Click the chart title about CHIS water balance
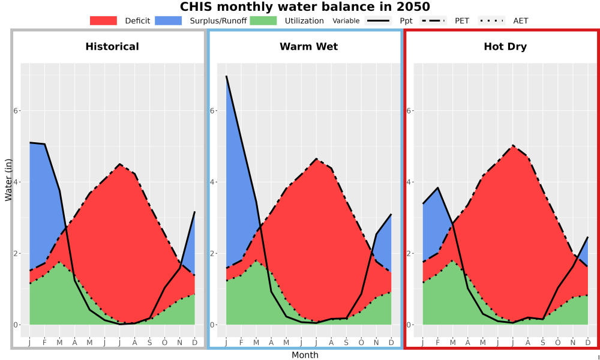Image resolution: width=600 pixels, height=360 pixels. (x=305, y=7)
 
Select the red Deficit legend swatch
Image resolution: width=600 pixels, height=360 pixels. (x=103, y=20)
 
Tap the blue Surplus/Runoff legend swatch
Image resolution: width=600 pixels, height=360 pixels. (x=168, y=20)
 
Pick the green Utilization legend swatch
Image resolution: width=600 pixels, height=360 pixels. (x=263, y=20)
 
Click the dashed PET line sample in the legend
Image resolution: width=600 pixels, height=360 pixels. (x=433, y=20)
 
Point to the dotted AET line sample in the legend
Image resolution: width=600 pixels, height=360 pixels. (x=491, y=20)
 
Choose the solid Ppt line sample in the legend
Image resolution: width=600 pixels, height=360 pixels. (x=378, y=20)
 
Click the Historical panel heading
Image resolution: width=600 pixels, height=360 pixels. (x=112, y=47)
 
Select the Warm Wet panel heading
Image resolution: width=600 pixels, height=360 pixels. (x=309, y=47)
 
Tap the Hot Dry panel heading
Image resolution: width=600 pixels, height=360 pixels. (x=505, y=47)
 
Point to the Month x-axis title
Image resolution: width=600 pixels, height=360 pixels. (x=305, y=355)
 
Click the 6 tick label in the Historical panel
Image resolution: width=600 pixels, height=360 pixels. (x=16, y=110)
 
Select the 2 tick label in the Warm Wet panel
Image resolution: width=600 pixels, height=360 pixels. (x=212, y=253)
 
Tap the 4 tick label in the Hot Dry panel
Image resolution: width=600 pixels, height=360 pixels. (x=409, y=182)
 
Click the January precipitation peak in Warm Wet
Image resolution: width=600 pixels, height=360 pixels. (x=227, y=76)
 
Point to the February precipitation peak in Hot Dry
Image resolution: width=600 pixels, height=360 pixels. (x=438, y=188)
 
